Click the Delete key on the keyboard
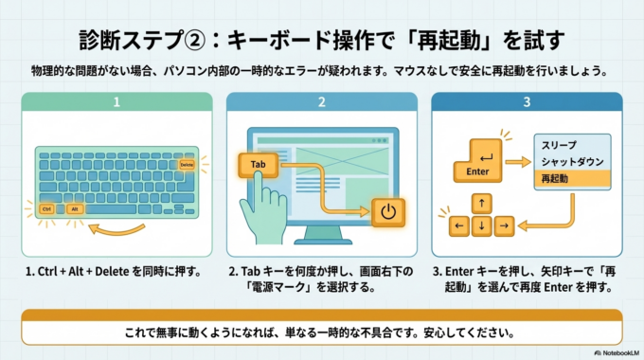[x=186, y=166]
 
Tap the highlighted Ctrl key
[x=46, y=208]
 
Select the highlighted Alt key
[x=75, y=208]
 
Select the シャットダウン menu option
[x=567, y=162]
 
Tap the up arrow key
[x=482, y=203]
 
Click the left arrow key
[x=459, y=225]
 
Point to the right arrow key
[x=505, y=225]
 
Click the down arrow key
[x=482, y=225]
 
